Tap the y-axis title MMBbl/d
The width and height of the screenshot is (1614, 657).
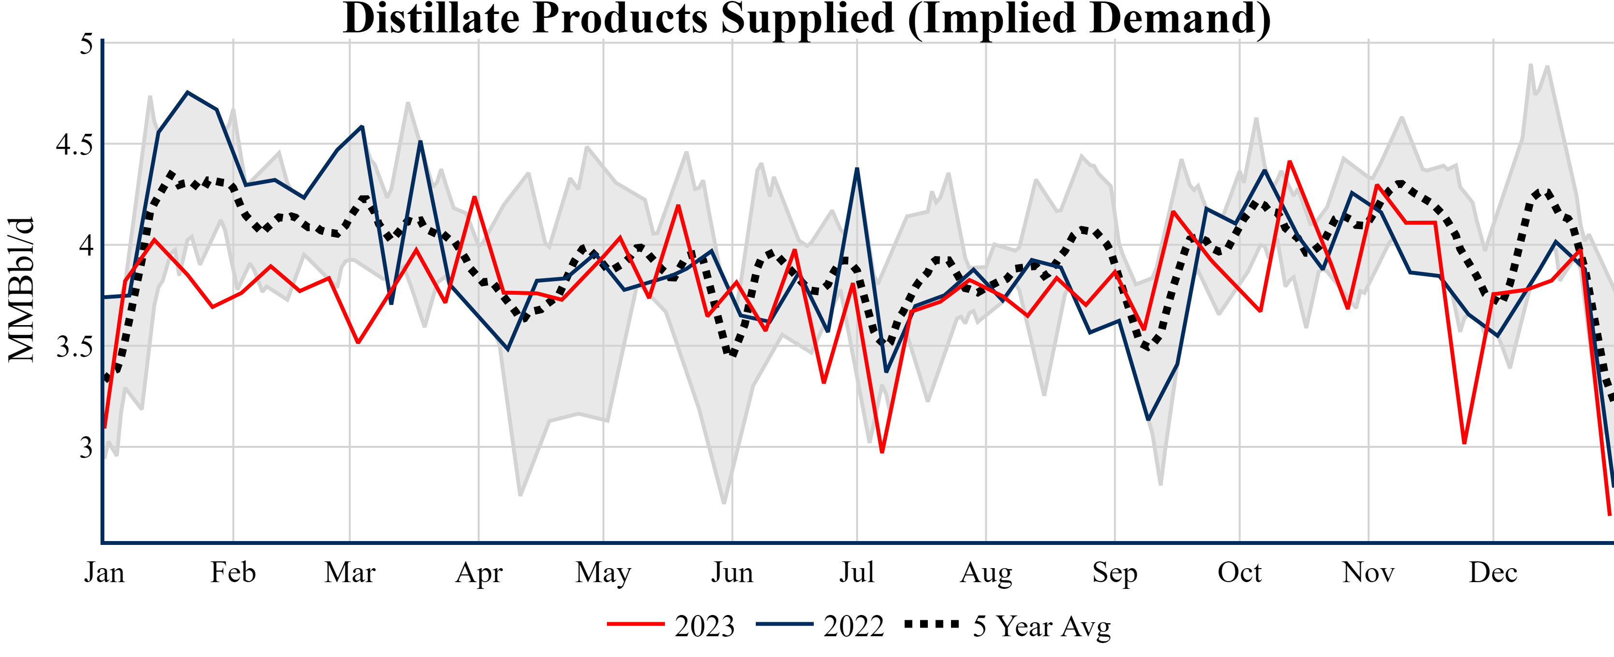pyautogui.click(x=21, y=289)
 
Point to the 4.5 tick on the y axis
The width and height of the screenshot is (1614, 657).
pyautogui.click(x=74, y=144)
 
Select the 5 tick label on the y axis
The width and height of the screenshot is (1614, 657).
pyautogui.click(x=86, y=44)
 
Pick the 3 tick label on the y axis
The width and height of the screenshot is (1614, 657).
pyautogui.click(x=86, y=448)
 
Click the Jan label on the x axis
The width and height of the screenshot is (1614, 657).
pyautogui.click(x=104, y=572)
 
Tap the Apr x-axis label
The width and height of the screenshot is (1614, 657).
pyautogui.click(x=479, y=572)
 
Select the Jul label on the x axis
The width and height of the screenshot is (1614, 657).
pyautogui.click(x=856, y=572)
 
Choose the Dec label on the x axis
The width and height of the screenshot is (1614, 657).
pyautogui.click(x=1493, y=572)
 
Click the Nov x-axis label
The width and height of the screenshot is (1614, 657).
pyautogui.click(x=1369, y=572)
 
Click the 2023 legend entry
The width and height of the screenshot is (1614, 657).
pyautogui.click(x=704, y=626)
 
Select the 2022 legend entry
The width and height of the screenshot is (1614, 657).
pyautogui.click(x=853, y=626)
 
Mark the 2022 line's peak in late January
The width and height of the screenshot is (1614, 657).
pyautogui.click(x=188, y=93)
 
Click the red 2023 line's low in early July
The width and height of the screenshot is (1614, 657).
pyautogui.click(x=882, y=452)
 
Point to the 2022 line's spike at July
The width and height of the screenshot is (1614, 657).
pyautogui.click(x=857, y=169)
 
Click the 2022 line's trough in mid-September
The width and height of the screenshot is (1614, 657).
pyautogui.click(x=1148, y=419)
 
